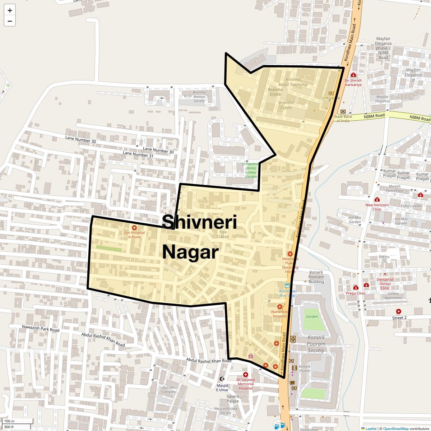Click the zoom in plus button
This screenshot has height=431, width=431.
coord(10,10)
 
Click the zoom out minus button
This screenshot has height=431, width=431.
coord(10,21)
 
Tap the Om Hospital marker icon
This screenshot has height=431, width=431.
coord(134,228)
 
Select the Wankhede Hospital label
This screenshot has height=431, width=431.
coord(279,314)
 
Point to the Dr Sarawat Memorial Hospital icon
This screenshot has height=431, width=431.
coord(246,375)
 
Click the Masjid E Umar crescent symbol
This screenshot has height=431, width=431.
coord(222,379)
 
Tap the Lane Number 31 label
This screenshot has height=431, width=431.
coord(138,154)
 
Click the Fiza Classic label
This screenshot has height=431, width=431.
coord(223,234)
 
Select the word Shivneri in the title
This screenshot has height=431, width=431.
coord(199,222)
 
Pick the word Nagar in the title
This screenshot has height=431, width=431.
coord(190,252)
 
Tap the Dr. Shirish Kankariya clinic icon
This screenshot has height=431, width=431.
coord(353,75)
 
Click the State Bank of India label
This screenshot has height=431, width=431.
coord(343,119)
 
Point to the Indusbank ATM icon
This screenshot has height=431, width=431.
coord(331,93)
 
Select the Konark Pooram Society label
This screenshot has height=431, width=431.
coord(316,344)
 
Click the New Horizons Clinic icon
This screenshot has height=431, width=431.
coord(377,200)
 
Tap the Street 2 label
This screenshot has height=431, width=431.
coord(399,318)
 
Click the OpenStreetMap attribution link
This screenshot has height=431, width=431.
coord(395,428)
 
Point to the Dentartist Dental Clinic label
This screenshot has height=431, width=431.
coord(385,284)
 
